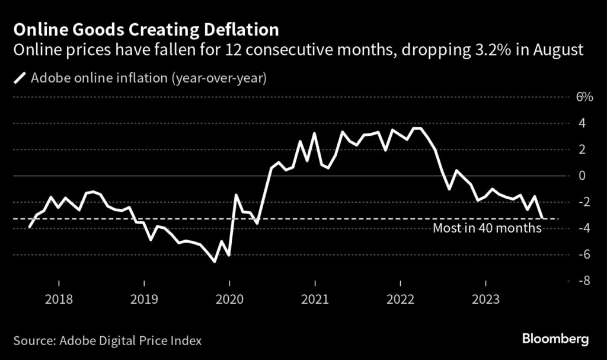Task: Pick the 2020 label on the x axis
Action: [229, 300]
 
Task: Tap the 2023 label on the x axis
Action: [485, 300]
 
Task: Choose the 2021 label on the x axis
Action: [315, 300]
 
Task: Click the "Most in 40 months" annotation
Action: [487, 228]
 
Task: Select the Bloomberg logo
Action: [555, 339]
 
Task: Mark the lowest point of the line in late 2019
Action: [215, 261]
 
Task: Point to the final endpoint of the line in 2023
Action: [542, 218]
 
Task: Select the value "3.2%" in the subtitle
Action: [491, 50]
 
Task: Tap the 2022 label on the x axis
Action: [400, 300]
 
